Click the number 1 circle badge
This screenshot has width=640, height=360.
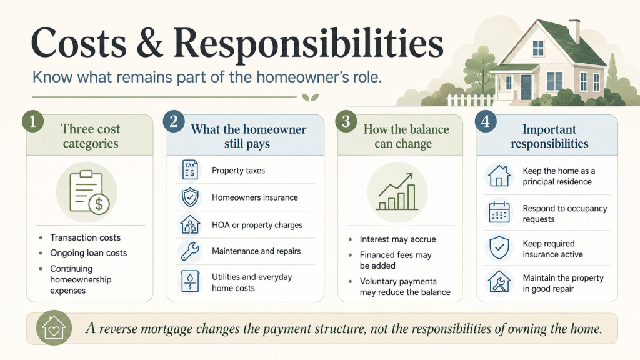coord(32,122)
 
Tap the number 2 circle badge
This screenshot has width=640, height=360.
coord(174,122)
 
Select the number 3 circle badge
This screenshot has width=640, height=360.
coord(346,122)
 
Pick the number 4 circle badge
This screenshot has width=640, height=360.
coord(485,122)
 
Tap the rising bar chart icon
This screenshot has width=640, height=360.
coord(397,192)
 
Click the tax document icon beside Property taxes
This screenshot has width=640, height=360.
coord(190,170)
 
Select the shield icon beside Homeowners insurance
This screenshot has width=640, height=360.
coord(190,197)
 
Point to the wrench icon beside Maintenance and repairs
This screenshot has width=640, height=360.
coord(190,251)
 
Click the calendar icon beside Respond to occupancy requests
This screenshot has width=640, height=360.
coord(499,212)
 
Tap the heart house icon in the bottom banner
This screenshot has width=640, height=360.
coord(54,327)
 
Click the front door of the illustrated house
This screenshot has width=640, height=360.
coord(526,87)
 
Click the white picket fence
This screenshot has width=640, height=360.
coord(470,100)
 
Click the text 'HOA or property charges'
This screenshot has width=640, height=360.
coord(257,225)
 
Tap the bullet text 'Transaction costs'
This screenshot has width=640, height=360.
coord(85,237)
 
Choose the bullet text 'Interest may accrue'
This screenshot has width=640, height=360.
coord(398,239)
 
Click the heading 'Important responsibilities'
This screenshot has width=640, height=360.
coord(549,136)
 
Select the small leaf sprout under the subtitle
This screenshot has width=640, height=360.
coord(310,97)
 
